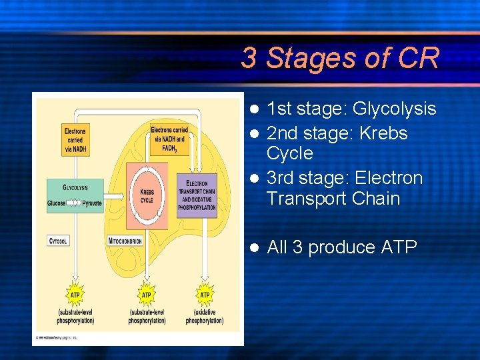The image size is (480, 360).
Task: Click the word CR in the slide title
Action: [x=419, y=58]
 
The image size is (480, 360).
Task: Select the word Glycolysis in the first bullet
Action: [x=394, y=109]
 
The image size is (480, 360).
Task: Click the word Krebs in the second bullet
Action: [x=383, y=133]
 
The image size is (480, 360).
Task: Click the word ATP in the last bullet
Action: [x=399, y=247]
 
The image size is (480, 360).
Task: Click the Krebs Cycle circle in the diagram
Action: [x=147, y=195]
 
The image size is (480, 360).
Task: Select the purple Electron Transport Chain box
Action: [x=197, y=193]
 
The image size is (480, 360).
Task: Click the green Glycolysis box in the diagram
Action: [x=75, y=195]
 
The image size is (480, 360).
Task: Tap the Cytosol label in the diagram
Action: [x=58, y=240]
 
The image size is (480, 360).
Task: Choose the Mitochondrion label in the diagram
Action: [x=125, y=240]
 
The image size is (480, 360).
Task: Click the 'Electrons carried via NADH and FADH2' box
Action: [x=169, y=139]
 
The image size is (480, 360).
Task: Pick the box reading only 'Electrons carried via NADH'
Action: [x=75, y=140]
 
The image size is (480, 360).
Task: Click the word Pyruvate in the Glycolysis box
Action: [x=92, y=203]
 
